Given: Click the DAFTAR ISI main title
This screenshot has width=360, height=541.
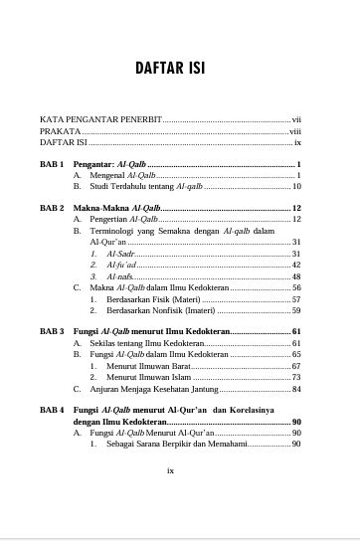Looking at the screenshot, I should [x=179, y=68].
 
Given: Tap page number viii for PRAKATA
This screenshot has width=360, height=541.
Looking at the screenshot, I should [x=295, y=130].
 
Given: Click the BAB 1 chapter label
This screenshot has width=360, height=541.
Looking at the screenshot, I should [x=53, y=162].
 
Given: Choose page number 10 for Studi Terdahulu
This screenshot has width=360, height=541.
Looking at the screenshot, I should [x=296, y=186].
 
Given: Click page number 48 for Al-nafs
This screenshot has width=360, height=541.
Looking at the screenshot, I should [x=296, y=275].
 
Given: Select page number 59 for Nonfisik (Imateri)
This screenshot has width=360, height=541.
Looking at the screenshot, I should [x=296, y=310].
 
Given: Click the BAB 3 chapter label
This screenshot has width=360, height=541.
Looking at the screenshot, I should [x=53, y=330].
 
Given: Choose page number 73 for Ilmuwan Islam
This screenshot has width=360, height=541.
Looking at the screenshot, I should [x=296, y=377].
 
